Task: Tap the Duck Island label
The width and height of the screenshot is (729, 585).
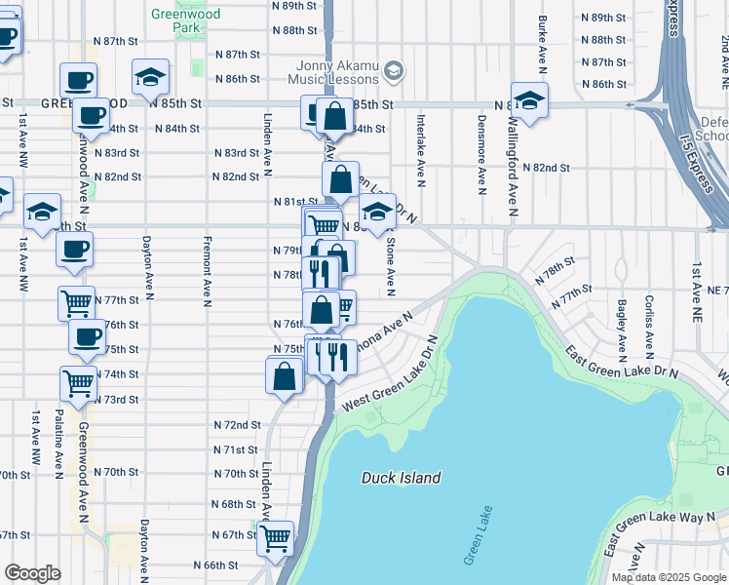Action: tap(401, 478)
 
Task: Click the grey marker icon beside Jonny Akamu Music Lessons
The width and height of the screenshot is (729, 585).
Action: tap(393, 71)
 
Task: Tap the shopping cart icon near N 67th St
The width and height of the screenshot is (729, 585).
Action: tap(276, 535)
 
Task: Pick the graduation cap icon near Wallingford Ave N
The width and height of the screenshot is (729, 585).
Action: tap(529, 100)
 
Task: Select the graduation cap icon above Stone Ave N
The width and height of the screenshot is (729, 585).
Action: tap(377, 211)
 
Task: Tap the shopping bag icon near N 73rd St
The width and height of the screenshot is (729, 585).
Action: tap(284, 375)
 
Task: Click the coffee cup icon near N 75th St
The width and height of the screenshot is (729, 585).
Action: tap(87, 338)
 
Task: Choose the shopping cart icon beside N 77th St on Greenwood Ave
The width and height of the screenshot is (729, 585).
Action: tap(77, 302)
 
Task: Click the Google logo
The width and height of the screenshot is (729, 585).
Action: tap(32, 573)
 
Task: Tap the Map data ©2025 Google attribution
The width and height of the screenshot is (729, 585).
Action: tap(669, 577)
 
